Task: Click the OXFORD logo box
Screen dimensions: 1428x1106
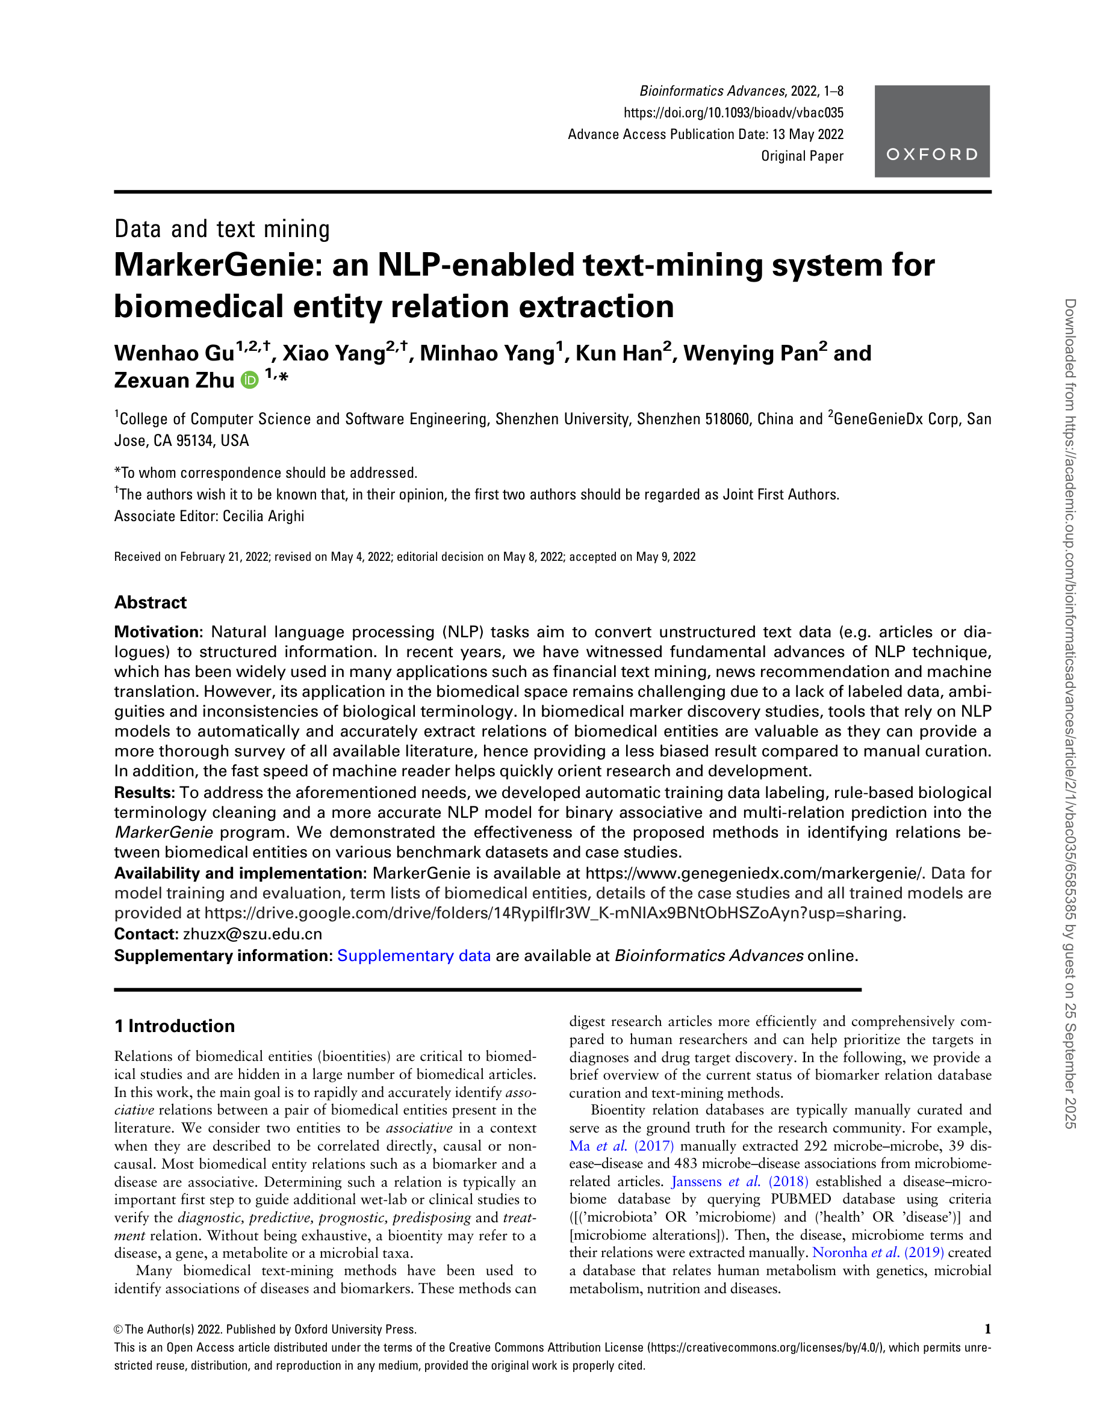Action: (x=931, y=131)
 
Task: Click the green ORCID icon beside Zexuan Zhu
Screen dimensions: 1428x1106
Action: (x=249, y=380)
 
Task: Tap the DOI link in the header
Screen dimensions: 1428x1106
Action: (x=733, y=113)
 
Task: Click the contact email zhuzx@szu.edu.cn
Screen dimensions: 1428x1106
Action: (x=252, y=934)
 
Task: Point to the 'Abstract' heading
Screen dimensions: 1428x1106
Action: (x=151, y=602)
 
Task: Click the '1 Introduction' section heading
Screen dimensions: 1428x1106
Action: (x=174, y=1026)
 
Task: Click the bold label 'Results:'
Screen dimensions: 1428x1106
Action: (x=144, y=793)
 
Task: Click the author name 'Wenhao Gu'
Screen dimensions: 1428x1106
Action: (x=174, y=353)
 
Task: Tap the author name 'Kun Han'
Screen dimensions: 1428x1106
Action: (x=618, y=353)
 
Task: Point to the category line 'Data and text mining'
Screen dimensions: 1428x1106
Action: (x=222, y=229)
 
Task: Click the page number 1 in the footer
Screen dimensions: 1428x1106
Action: (x=987, y=1329)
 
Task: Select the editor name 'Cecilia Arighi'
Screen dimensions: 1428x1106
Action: (x=263, y=516)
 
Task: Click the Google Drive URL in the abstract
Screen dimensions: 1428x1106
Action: (x=555, y=913)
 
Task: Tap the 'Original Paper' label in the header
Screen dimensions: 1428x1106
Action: (x=802, y=156)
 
